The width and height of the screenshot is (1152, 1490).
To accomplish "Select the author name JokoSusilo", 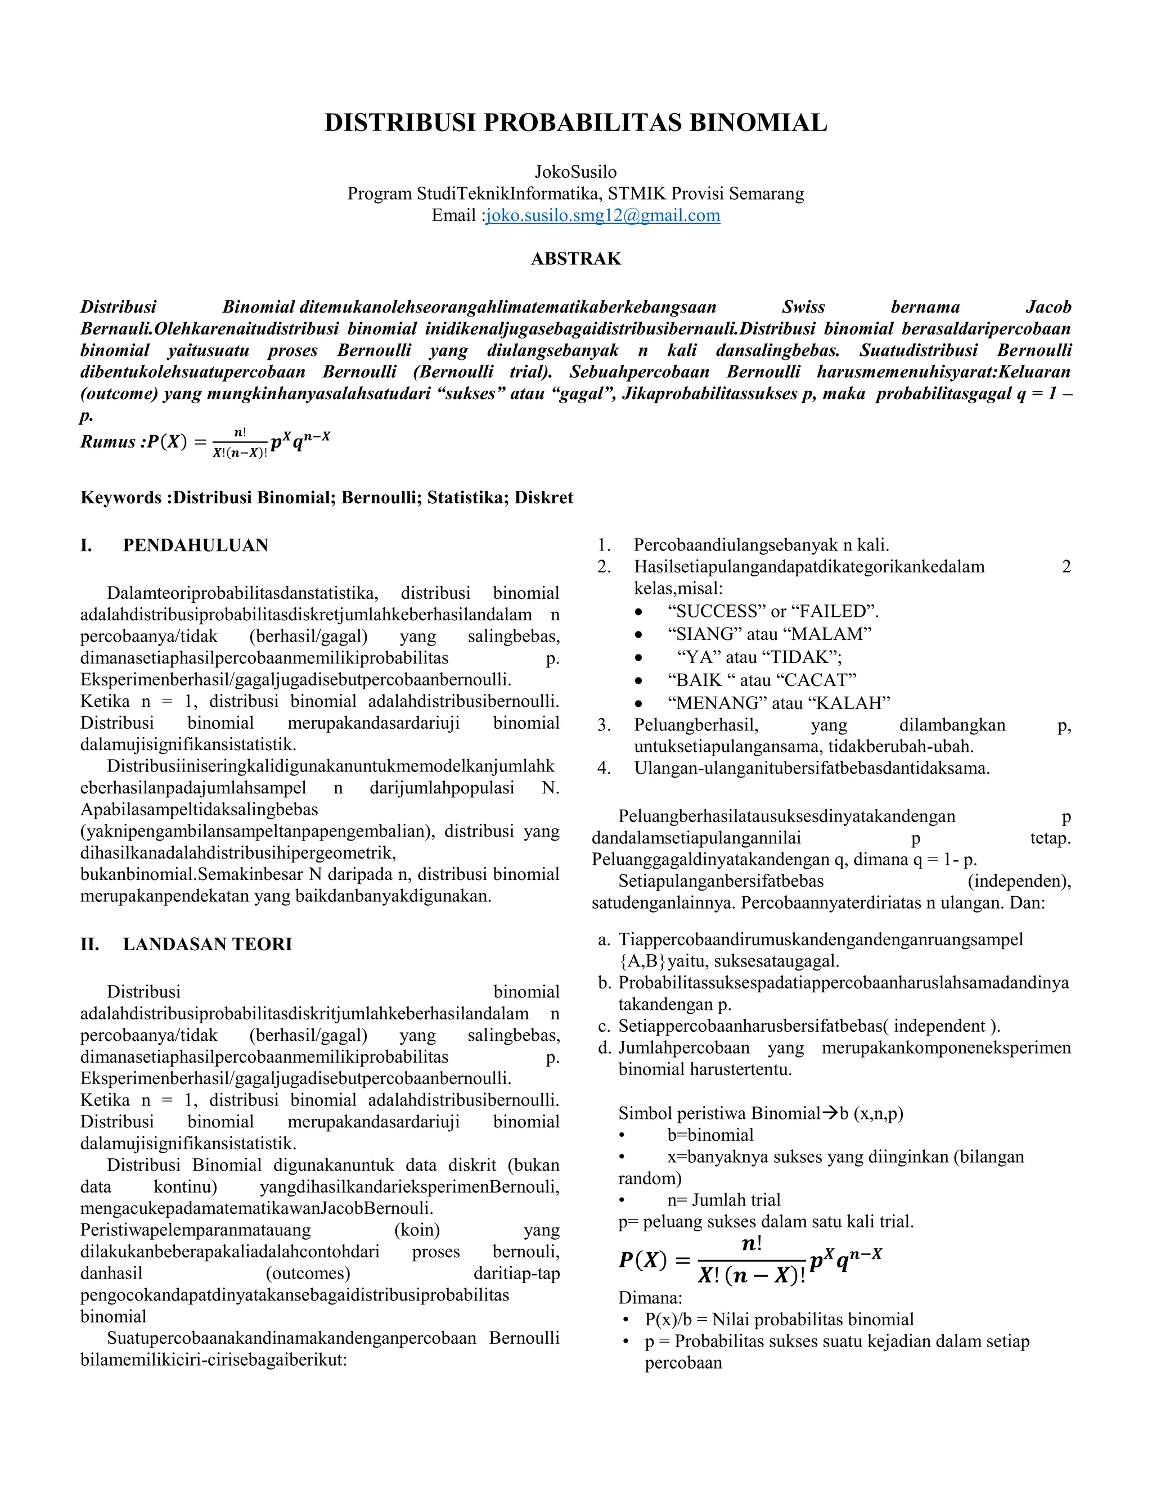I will point(575,172).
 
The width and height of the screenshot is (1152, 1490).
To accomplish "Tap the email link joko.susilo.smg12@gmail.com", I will point(602,215).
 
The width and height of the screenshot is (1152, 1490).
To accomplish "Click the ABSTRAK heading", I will point(576,259).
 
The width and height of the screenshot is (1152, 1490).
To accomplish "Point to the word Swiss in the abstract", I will point(803,307).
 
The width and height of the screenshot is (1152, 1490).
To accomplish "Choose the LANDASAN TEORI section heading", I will point(207,944).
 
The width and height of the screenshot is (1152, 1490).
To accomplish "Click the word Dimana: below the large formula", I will point(650,1298).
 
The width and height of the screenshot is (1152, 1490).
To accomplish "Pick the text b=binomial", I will point(710,1135).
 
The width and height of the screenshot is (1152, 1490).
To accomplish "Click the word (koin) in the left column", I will point(417,1230).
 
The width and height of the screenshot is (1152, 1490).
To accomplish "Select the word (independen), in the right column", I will point(1019,882).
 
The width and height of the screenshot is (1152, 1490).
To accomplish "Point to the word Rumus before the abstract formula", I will point(108,442).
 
